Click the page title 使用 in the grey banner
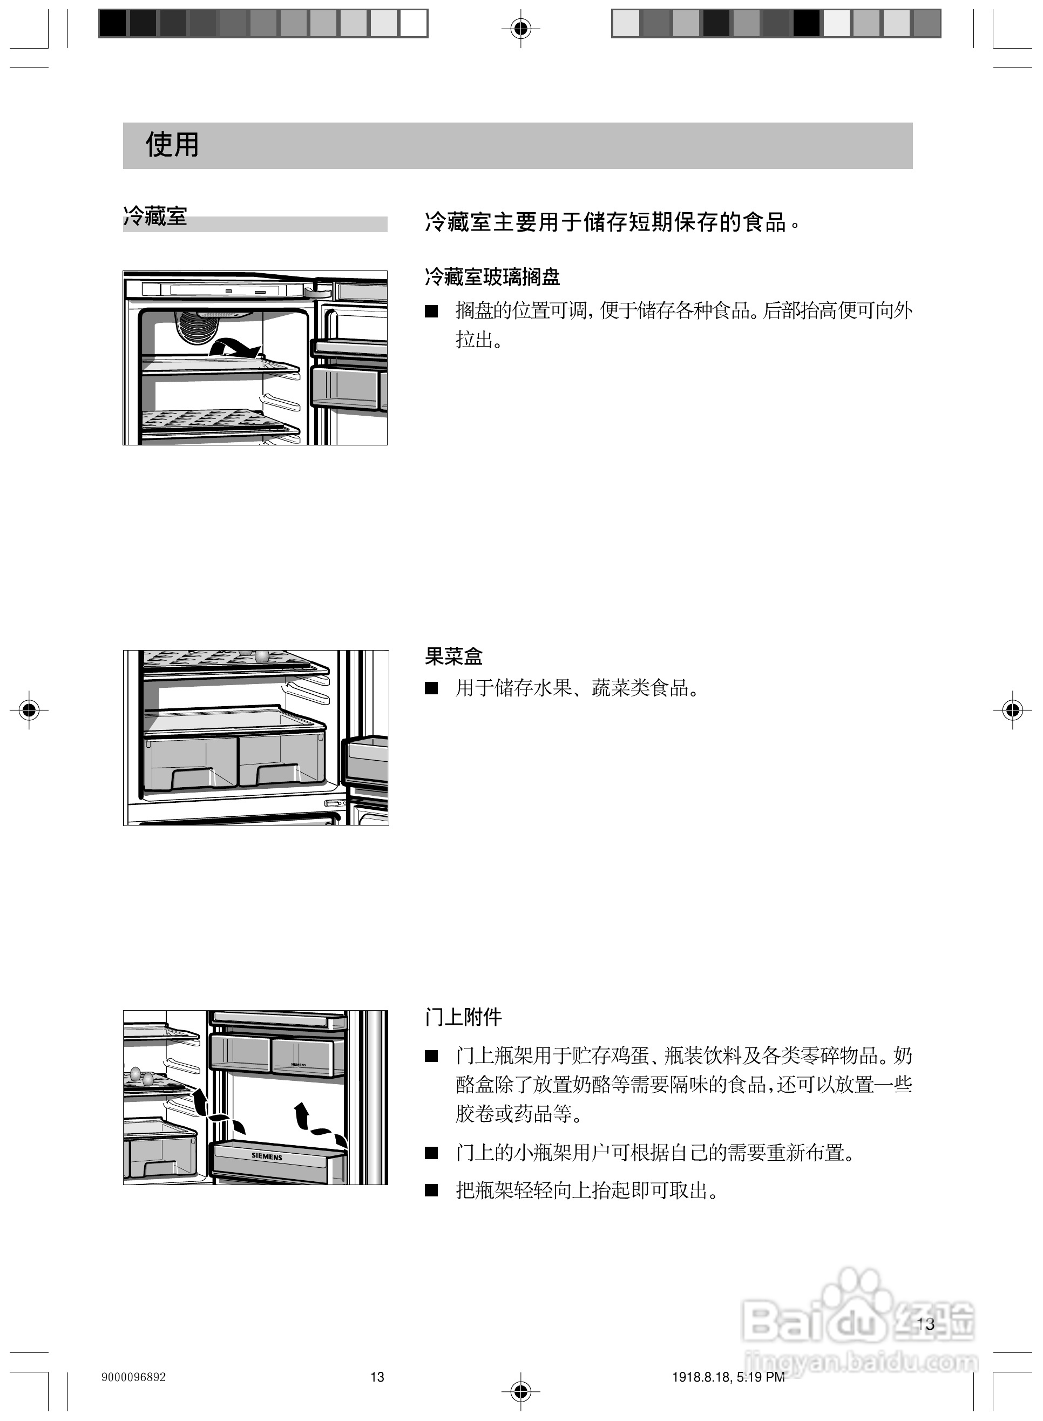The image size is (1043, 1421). point(172,145)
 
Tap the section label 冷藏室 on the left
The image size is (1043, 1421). point(155,216)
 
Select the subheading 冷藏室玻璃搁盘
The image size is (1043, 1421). point(492,276)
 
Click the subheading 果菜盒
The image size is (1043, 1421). point(453,657)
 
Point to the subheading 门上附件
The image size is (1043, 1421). point(463,1017)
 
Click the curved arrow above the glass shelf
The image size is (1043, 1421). point(235,347)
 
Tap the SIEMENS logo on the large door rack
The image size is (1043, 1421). point(267,1156)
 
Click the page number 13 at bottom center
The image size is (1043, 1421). point(377,1377)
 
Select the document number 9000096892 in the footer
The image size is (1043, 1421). point(133,1377)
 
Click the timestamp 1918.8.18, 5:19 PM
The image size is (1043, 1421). point(728,1377)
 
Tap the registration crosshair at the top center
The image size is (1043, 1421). point(521,28)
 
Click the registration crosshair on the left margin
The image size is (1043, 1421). point(29,710)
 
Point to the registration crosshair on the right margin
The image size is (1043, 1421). point(1012,710)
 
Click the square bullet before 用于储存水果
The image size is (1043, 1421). point(431,688)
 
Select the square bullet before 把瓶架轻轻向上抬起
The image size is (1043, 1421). point(431,1190)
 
